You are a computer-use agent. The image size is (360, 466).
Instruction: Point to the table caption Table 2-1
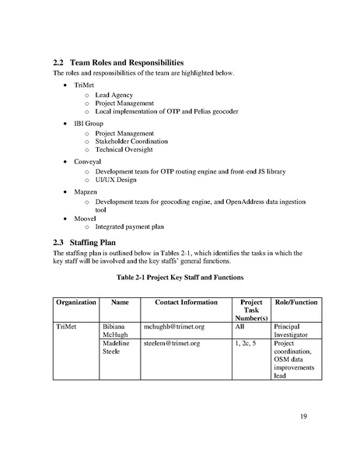pyautogui.click(x=180, y=277)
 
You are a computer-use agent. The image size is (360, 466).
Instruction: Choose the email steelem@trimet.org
pyautogui.click(x=173, y=343)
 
